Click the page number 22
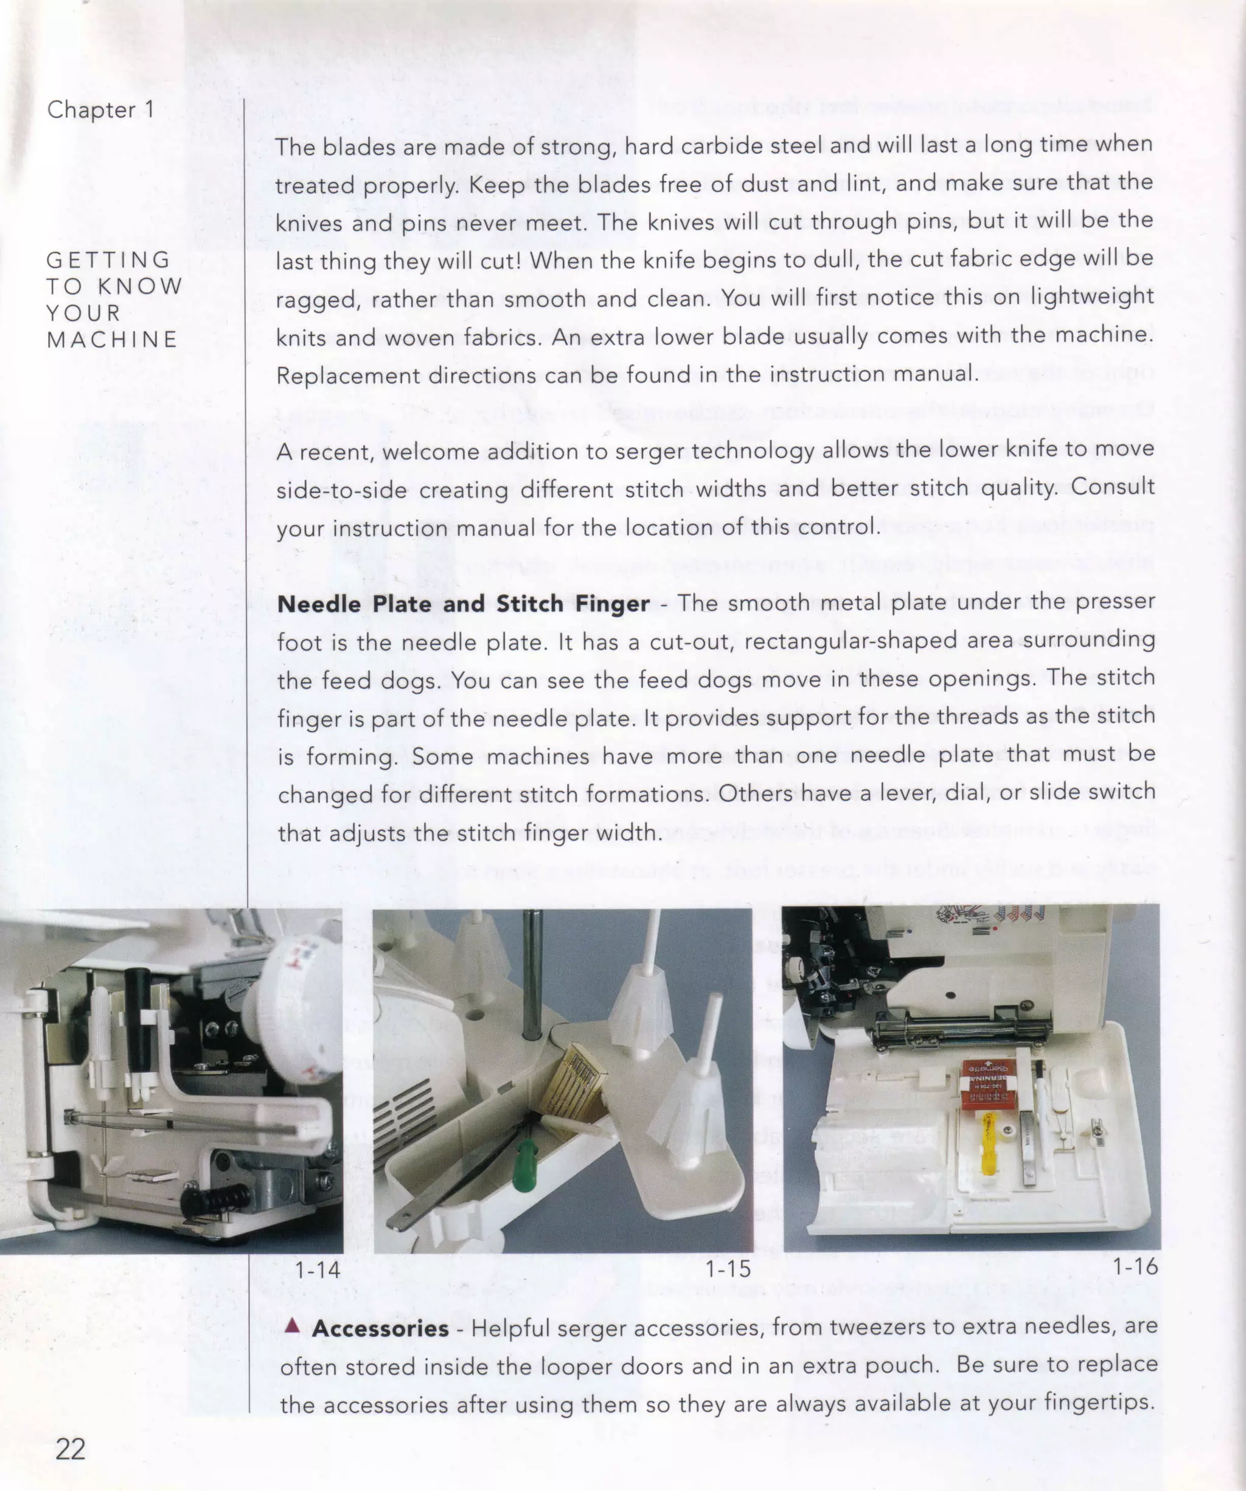pos(71,1448)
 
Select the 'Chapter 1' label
pos(100,110)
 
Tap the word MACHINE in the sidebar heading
pos(112,340)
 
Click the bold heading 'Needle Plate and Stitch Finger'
pos(463,604)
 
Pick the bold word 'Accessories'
pos(380,1328)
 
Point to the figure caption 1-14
pos(318,1268)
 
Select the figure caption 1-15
pos(727,1268)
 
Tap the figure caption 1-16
pos(1134,1266)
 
